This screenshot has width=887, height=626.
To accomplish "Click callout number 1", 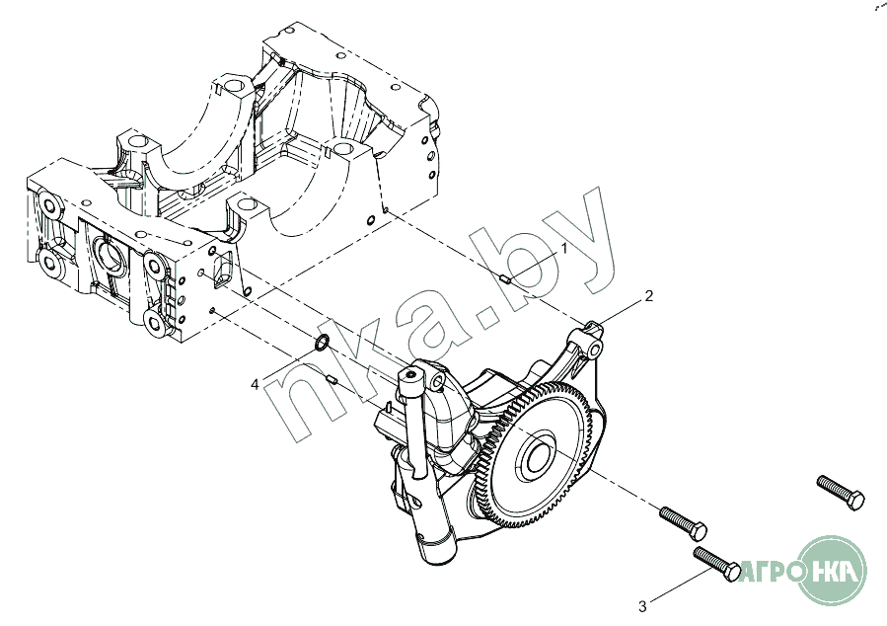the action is pos(564,247).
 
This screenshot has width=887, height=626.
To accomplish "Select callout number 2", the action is pos(648,295).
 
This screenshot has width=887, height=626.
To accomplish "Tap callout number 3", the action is pos(642,604).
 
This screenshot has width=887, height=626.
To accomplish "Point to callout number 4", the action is pos(255,384).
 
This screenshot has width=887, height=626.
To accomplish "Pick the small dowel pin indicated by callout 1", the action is pos(506,279).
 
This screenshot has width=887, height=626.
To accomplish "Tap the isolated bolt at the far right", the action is pos(841,491).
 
